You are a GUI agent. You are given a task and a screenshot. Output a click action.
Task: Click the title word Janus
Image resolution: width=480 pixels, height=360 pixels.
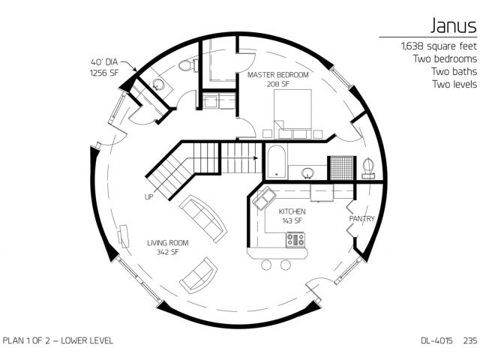pos(454,25)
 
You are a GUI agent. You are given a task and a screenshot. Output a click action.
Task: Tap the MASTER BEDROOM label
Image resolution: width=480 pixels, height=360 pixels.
pos(278,75)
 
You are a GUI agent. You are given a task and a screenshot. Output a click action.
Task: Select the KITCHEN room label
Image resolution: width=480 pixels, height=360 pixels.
pos(292,211)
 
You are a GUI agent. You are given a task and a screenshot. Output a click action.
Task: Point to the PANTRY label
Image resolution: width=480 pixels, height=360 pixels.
pos(361,218)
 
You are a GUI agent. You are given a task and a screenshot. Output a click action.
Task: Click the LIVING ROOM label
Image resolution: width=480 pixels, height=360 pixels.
pos(168,243)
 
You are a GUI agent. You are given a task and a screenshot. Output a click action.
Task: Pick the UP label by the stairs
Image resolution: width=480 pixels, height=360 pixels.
pos(149,196)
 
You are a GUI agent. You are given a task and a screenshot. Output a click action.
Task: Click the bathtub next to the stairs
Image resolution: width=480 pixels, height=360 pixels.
pos(277,162)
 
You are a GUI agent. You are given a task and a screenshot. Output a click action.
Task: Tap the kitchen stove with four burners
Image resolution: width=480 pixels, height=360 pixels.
pos(295,240)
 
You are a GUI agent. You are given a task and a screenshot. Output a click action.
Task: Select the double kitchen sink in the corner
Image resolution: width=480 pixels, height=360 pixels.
pos(264,199)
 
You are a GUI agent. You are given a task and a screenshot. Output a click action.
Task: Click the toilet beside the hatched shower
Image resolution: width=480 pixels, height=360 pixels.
pos(368,168)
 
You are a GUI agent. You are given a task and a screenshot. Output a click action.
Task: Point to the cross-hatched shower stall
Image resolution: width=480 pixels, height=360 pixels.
pos(342,168)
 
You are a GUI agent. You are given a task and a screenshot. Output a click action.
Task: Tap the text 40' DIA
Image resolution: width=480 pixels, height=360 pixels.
pos(104,62)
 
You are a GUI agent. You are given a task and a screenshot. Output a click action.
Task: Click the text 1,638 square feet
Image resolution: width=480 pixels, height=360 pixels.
pos(439,46)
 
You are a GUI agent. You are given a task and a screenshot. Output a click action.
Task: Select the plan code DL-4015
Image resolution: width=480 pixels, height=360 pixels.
pos(436,340)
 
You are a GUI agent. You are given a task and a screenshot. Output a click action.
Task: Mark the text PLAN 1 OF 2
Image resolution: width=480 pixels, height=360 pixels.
pos(26,340)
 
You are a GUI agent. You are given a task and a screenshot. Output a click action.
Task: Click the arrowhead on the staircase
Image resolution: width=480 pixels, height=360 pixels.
pos(256,158)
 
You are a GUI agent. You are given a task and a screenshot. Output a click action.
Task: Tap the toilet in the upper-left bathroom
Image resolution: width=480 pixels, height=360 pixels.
pos(186,65)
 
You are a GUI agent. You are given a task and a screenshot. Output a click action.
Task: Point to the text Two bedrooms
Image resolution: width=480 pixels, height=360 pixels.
pos(445,58)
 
